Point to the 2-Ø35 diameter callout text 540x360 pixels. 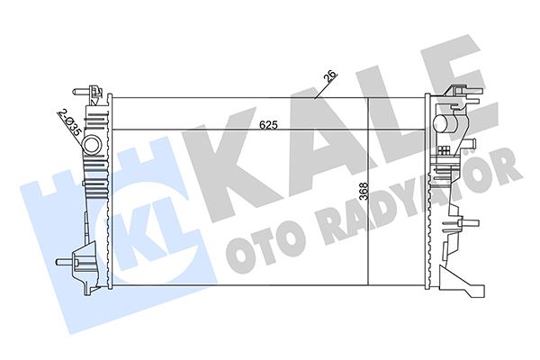point(68,121)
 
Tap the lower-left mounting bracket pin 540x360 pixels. point(62,262)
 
